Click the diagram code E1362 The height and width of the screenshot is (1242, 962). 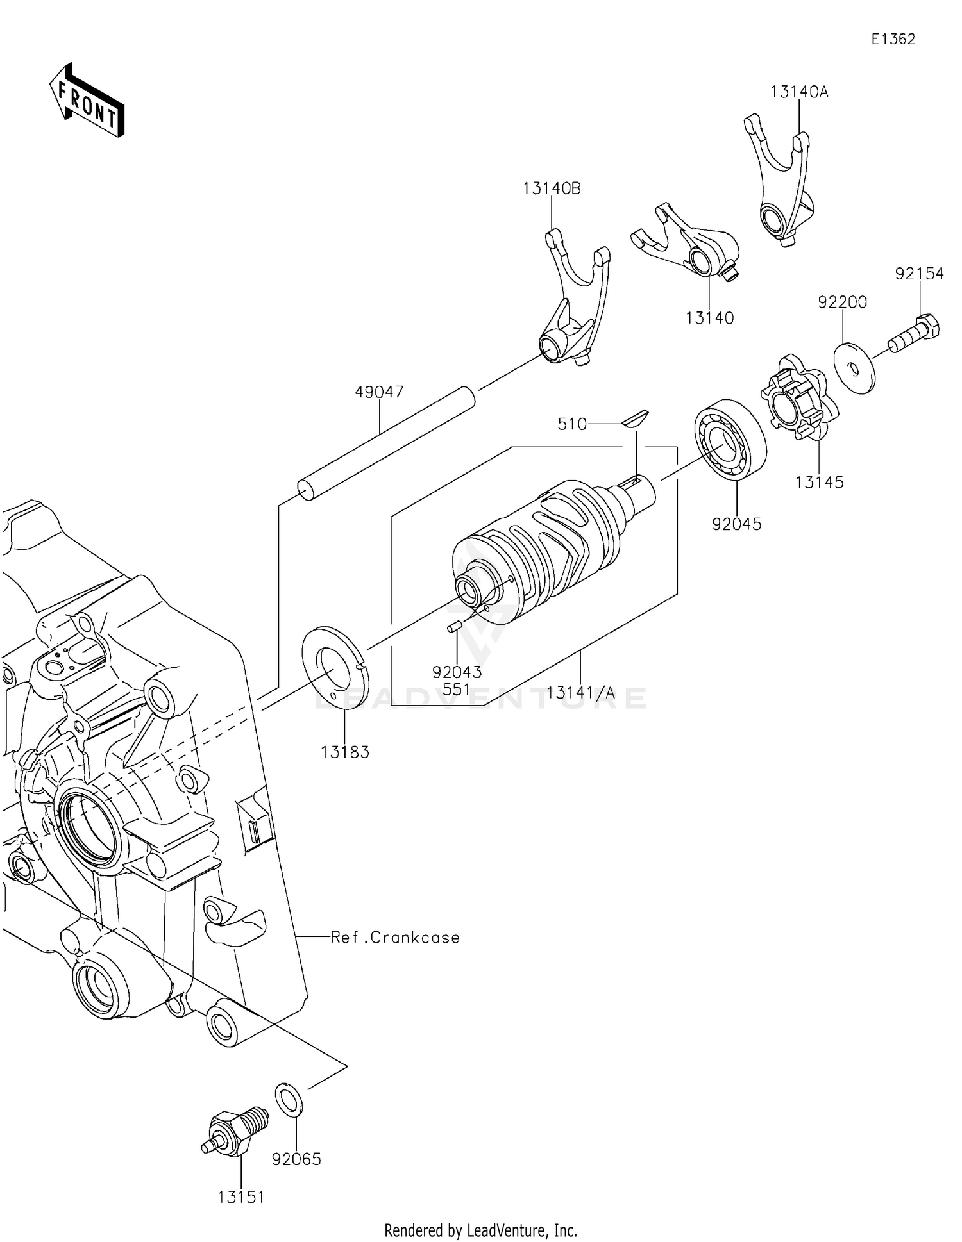pos(893,39)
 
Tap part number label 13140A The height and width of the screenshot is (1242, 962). pos(799,92)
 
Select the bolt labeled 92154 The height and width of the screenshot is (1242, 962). pos(915,335)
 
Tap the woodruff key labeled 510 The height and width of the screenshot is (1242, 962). pos(636,418)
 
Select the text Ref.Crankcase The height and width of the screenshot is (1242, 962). pos(395,938)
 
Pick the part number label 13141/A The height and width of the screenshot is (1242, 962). pos(580,692)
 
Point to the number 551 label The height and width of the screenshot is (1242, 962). pos(456,690)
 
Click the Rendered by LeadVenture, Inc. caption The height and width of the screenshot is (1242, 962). pos(480,1230)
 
